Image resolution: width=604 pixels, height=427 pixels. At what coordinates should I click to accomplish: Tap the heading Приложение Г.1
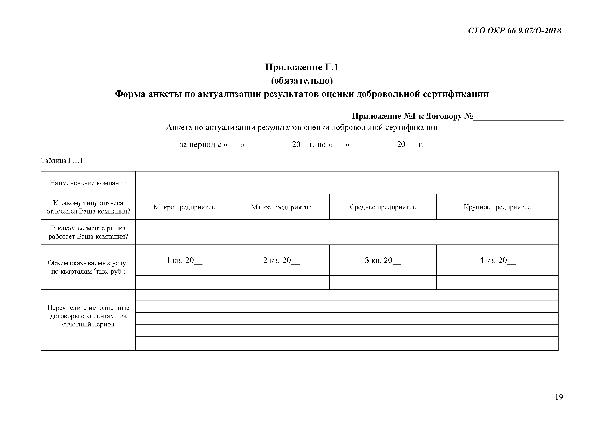(301, 67)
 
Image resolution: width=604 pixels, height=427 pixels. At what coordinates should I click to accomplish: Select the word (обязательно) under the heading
(302, 81)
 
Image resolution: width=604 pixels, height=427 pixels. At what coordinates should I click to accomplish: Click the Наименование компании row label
(88, 183)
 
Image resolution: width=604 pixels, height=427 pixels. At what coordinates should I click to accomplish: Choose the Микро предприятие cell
(184, 207)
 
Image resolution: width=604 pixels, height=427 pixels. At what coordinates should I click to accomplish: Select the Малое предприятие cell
(281, 207)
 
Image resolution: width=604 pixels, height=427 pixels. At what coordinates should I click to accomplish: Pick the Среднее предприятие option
(383, 207)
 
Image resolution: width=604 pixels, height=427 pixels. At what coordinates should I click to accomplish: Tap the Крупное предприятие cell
(497, 207)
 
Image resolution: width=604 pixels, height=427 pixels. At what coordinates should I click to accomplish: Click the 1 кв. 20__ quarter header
(184, 261)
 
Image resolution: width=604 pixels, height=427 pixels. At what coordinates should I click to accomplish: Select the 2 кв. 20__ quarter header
(281, 261)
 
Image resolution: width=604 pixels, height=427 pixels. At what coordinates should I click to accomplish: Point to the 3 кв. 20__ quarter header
(383, 261)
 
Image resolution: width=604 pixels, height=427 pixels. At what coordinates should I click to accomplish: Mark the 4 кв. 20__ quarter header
(497, 261)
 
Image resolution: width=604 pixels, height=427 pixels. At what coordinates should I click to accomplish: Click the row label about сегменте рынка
(88, 232)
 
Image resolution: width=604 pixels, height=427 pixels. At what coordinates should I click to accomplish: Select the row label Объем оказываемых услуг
(88, 267)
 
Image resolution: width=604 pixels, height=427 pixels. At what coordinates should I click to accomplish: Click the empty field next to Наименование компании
(346, 183)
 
